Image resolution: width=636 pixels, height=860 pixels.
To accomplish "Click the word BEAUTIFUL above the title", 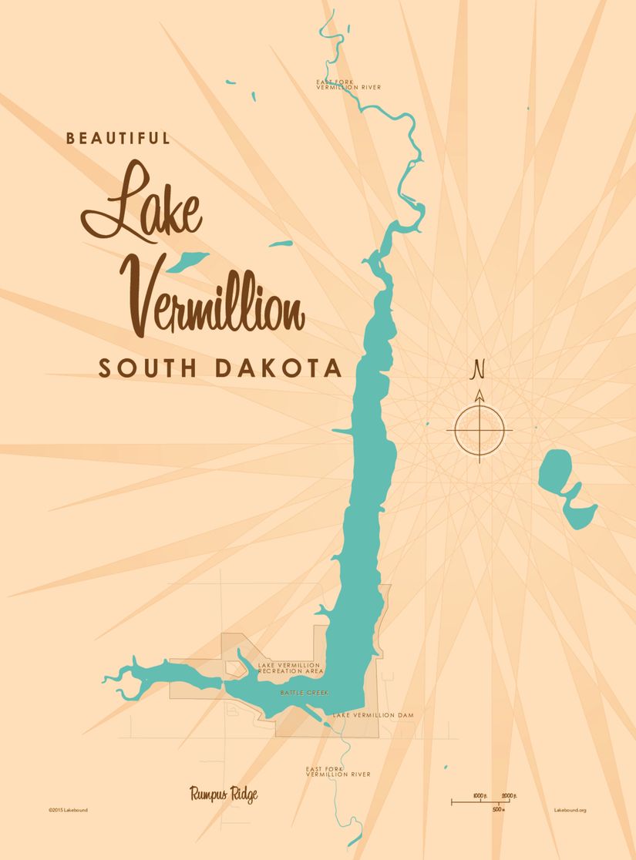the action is [x=118, y=139].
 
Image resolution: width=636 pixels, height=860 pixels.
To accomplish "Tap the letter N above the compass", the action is [x=479, y=371].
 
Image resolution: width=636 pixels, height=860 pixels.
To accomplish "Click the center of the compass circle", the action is [x=480, y=428].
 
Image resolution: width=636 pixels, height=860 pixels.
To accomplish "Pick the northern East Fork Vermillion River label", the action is [x=348, y=85].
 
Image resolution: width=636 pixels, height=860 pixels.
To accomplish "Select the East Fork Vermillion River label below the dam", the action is [x=338, y=771].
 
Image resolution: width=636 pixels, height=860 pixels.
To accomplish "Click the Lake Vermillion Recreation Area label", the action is [x=291, y=668].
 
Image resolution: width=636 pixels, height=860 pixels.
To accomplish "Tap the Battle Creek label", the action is [x=304, y=693].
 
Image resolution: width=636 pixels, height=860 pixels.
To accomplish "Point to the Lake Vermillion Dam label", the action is [x=374, y=716].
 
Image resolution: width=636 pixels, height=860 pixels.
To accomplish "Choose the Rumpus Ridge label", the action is [x=224, y=794].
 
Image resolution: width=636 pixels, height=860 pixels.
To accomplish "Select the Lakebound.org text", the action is [x=570, y=810].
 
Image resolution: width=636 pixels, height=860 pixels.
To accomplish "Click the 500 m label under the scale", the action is [x=499, y=809].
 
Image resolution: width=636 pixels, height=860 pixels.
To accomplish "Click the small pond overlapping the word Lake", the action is [x=189, y=260].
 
